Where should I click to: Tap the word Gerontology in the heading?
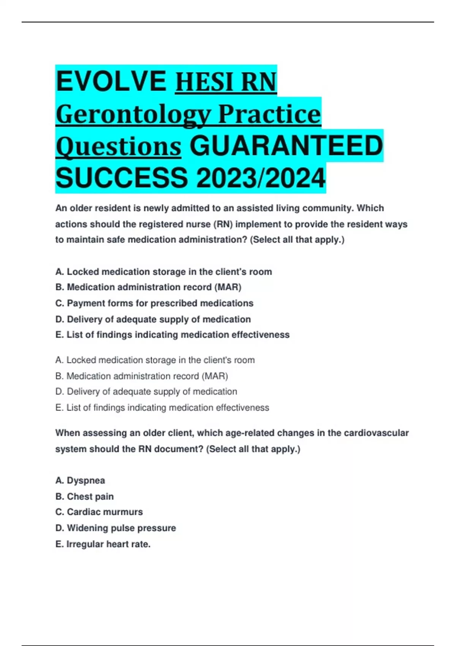coord(133,114)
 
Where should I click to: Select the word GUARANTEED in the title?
coord(286,146)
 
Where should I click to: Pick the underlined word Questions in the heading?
coord(118,147)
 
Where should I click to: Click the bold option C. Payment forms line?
coord(154,303)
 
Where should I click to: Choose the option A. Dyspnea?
coord(80,481)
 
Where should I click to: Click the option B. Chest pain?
coord(84,497)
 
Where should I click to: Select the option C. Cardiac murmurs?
coord(99,512)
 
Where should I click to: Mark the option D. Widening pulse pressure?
coord(116,528)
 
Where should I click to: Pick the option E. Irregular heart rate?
coord(103,544)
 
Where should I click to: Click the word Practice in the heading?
coord(269,114)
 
